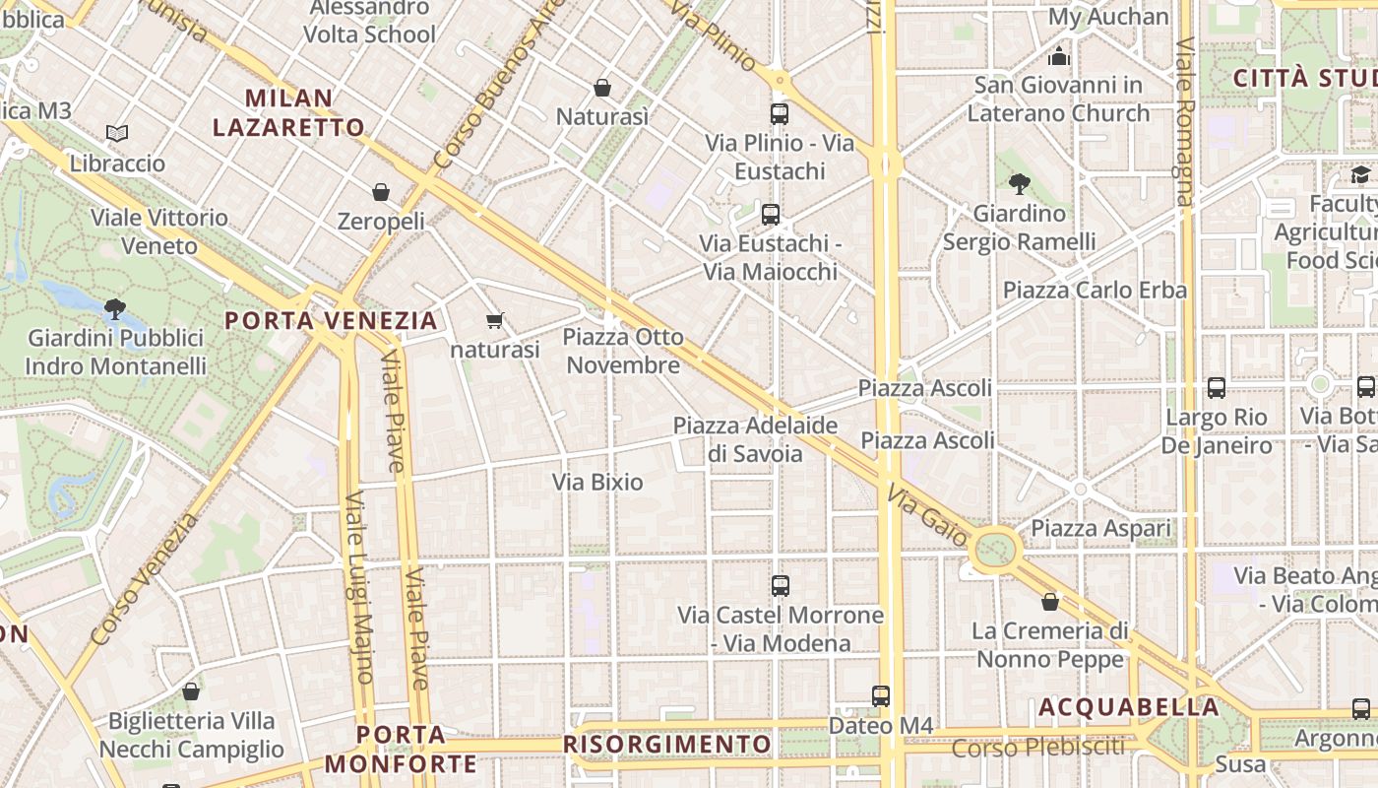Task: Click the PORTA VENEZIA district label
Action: [x=331, y=320]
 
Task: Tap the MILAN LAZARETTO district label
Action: [x=288, y=112]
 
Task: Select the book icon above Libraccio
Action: [x=117, y=133]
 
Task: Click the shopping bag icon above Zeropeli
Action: [x=381, y=191]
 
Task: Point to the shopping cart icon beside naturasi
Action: [x=495, y=320]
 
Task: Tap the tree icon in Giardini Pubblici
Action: [x=115, y=308]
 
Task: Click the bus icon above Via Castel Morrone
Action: [x=781, y=585]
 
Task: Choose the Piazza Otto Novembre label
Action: [x=622, y=351]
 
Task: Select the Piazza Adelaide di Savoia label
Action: [x=755, y=439]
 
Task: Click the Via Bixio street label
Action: [x=597, y=482]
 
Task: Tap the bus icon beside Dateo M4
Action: [x=881, y=695]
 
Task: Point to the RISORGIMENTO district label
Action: [x=667, y=744]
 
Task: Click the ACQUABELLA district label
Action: [x=1129, y=707]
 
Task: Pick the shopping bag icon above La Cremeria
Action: [x=1050, y=601]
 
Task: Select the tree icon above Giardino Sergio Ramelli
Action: [x=1019, y=183]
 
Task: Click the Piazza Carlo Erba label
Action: [x=1095, y=290]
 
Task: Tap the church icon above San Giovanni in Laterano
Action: [x=1058, y=55]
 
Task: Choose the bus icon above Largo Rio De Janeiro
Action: [x=1217, y=387]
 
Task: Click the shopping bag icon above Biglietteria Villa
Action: [x=191, y=691]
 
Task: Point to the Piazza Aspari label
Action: [x=1100, y=529]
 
